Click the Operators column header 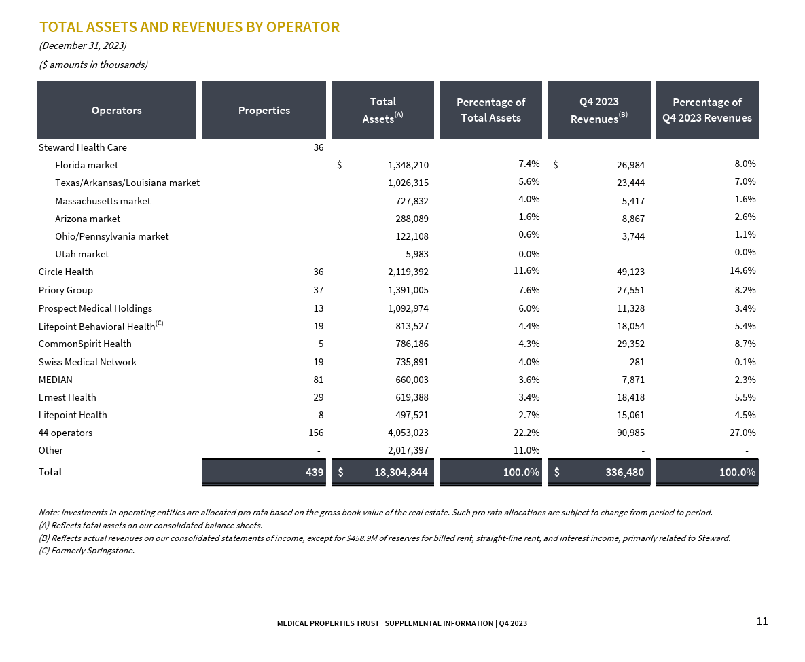pos(116,110)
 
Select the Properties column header pos(264,110)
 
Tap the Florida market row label pos(86,165)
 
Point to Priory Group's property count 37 pos(318,290)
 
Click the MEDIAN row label pos(56,380)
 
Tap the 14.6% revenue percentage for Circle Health pos(743,271)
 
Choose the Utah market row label pos(82,254)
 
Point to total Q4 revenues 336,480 pos(624,472)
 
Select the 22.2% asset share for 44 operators pos(526,433)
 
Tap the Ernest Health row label pos(67,397)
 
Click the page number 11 pos(762,621)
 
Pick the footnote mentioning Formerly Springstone pos(87,551)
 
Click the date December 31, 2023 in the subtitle pos(83,45)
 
